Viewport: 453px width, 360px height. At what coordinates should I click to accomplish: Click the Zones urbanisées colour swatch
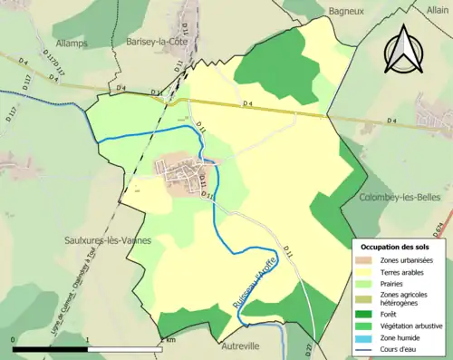click(x=366, y=259)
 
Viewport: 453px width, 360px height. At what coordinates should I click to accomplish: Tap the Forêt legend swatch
click(x=366, y=314)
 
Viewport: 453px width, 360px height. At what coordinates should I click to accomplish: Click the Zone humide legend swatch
click(x=366, y=337)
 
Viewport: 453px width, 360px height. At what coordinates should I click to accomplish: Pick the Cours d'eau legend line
click(x=366, y=349)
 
